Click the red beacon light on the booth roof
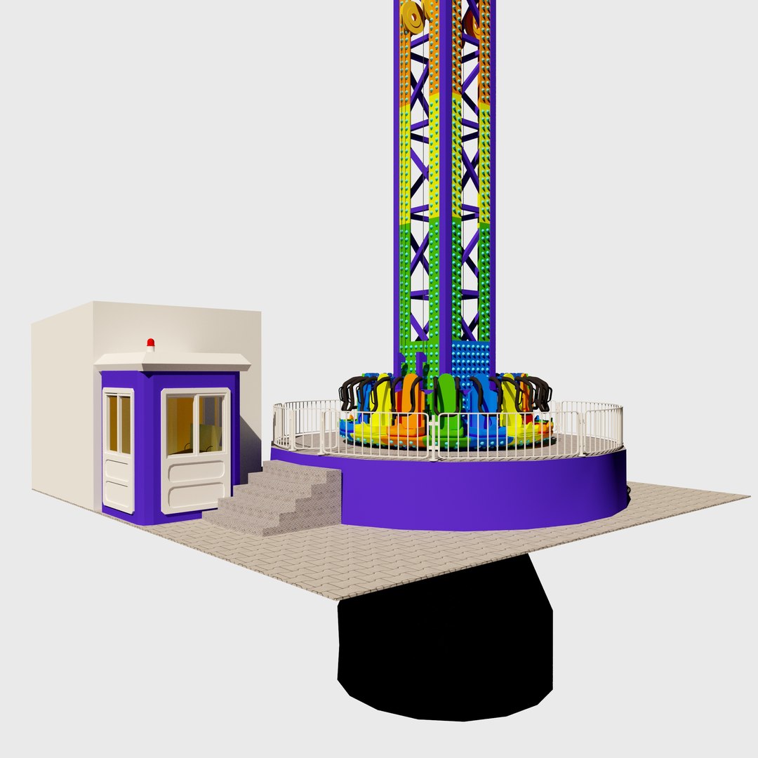click(150, 343)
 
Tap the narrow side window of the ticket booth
click(118, 424)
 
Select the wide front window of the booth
click(196, 423)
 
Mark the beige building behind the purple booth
click(63, 407)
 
